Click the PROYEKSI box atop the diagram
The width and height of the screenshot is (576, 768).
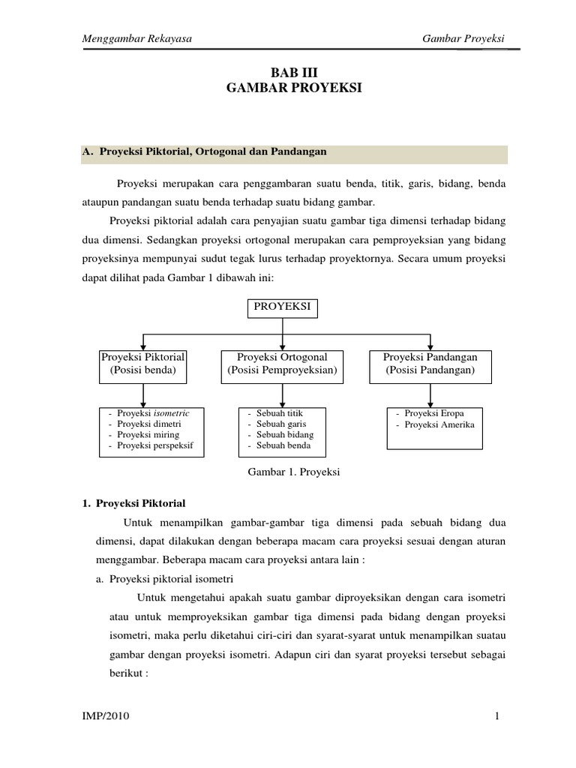(x=282, y=307)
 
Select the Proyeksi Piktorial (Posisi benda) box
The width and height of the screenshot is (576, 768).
(x=143, y=364)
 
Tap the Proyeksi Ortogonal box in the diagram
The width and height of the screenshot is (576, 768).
(x=282, y=364)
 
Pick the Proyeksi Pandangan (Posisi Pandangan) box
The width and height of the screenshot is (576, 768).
(x=430, y=364)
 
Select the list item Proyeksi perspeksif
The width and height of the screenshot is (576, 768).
(x=155, y=445)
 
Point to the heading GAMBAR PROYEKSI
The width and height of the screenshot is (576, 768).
(x=293, y=88)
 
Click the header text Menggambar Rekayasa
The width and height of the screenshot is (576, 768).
(x=136, y=39)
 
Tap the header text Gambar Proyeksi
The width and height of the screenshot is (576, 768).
(x=463, y=39)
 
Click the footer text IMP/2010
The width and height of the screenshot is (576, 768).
(x=105, y=717)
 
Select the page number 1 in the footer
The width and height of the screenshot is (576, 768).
(x=496, y=717)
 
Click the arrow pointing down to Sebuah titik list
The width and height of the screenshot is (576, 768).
(x=282, y=395)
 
